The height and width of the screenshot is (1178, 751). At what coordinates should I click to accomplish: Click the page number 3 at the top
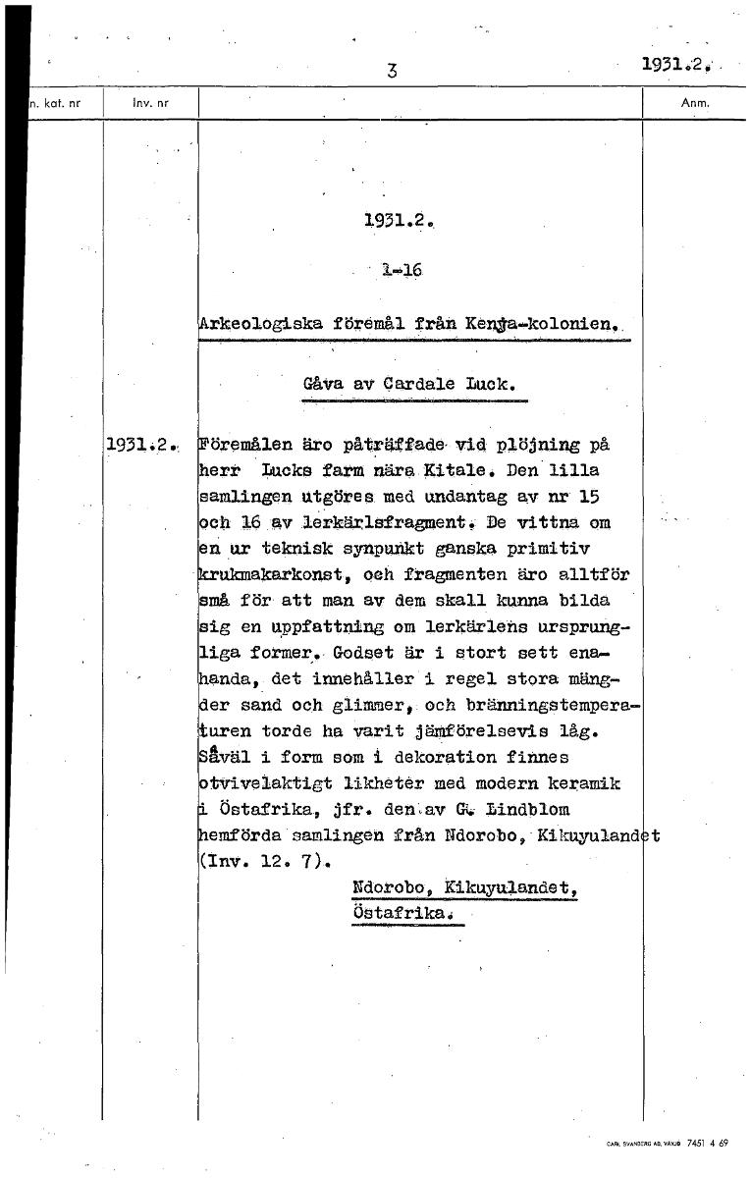point(392,70)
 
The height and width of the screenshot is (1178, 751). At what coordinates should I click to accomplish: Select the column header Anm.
point(694,101)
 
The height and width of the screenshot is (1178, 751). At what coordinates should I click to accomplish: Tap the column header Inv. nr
point(144,101)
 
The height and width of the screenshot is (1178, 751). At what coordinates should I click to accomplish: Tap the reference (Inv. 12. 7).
point(265,863)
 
